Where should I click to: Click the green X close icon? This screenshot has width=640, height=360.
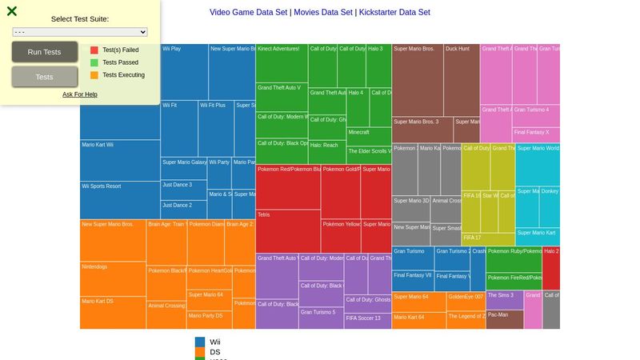coord(12,11)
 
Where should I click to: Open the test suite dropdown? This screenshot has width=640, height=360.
coord(80,32)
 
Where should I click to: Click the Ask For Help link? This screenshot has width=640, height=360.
coord(80,94)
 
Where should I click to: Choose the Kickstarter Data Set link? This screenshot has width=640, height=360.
coord(394,12)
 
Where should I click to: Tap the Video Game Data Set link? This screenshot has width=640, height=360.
coord(248,12)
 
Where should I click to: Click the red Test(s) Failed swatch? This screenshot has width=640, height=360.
coord(94,50)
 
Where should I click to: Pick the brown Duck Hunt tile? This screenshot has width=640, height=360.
coord(462,80)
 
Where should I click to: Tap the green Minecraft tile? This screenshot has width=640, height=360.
coord(369,136)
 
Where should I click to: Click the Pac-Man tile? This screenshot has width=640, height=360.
coord(504,319)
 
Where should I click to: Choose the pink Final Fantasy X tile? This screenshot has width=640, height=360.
coord(536,134)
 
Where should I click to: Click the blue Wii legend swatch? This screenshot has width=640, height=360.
coord(200,342)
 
